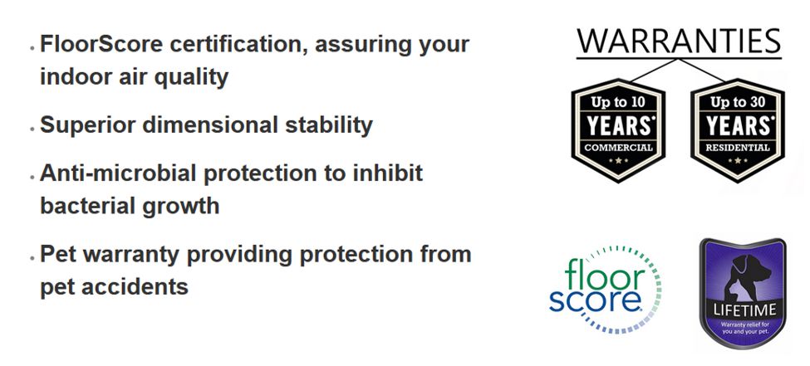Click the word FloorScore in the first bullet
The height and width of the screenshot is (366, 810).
click(101, 44)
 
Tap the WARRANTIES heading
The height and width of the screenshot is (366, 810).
click(679, 41)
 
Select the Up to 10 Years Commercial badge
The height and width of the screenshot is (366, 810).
click(618, 130)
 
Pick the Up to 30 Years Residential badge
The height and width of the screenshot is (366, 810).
click(738, 130)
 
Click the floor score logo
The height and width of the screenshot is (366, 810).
click(605, 289)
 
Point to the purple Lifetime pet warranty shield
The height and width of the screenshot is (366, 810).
click(743, 293)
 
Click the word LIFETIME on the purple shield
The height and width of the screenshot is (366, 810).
click(744, 310)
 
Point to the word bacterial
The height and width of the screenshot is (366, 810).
click(81, 206)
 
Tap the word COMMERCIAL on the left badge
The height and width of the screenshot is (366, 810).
click(618, 149)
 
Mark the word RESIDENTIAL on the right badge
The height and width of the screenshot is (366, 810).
click(738, 149)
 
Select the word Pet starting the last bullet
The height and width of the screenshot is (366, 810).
click(58, 254)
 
